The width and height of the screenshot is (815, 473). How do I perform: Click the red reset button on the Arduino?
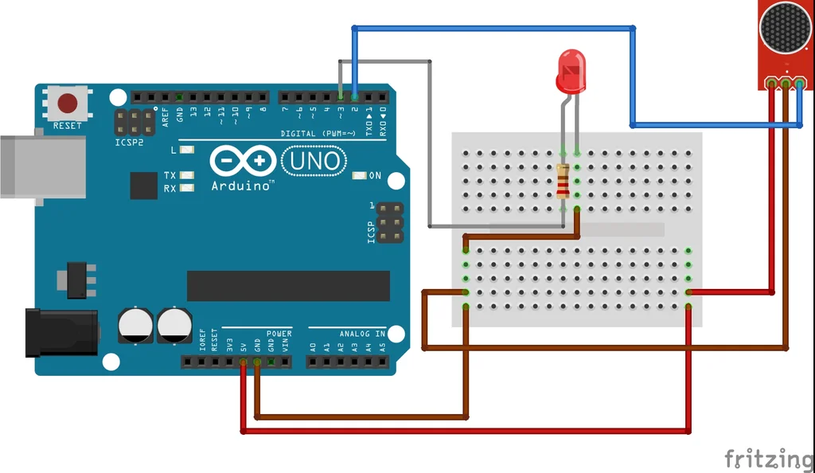(x=68, y=103)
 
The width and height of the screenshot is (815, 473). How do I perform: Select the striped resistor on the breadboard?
(x=563, y=182)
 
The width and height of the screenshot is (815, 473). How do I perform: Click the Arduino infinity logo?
(x=242, y=162)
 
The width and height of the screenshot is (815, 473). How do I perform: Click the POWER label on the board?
(x=279, y=333)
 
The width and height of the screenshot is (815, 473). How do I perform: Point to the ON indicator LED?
(x=358, y=175)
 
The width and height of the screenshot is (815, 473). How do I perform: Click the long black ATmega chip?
(x=288, y=286)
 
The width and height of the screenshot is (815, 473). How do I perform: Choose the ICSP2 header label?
(x=130, y=143)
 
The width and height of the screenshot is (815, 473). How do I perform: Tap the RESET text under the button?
(x=68, y=126)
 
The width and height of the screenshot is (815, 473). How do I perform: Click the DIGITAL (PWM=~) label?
(x=318, y=133)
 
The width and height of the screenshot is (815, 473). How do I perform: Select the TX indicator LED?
(x=188, y=175)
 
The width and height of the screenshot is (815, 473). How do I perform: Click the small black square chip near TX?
(x=144, y=185)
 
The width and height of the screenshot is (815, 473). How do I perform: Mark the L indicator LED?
(x=188, y=150)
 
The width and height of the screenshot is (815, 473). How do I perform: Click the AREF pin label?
(x=166, y=114)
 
